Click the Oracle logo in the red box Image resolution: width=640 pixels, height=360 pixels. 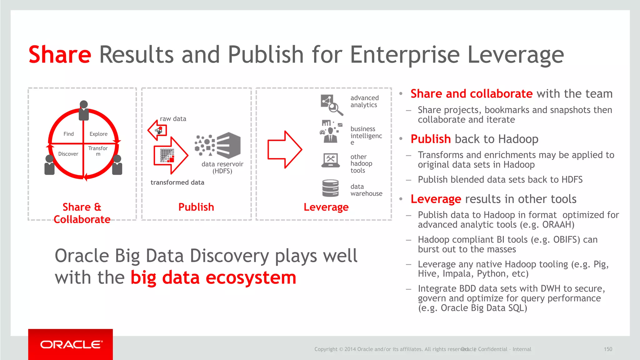[x=71, y=344]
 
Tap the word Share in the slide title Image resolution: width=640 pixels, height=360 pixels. [x=60, y=54]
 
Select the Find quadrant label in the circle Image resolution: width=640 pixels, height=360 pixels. [x=68, y=134]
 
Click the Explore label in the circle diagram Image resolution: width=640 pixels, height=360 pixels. [x=98, y=134]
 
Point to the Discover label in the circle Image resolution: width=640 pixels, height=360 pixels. [x=68, y=154]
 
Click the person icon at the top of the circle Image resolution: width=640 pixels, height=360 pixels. [x=84, y=110]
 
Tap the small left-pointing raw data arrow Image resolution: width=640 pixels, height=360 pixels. [x=157, y=130]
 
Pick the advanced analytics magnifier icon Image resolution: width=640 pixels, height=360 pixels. [x=332, y=105]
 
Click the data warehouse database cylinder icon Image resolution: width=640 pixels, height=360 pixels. [x=330, y=188]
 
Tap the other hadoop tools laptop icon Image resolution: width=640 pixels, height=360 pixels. [x=330, y=160]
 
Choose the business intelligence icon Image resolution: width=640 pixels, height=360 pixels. [x=331, y=132]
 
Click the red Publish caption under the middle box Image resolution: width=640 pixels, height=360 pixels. [x=196, y=207]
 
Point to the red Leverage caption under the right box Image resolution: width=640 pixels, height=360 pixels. [x=326, y=207]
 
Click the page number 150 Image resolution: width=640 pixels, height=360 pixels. [x=608, y=349]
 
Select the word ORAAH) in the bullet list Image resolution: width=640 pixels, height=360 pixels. [x=558, y=225]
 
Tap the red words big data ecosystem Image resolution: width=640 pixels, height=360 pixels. [x=213, y=277]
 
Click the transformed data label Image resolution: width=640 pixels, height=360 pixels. [x=177, y=182]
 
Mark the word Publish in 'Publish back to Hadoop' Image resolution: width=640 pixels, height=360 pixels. [x=431, y=139]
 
